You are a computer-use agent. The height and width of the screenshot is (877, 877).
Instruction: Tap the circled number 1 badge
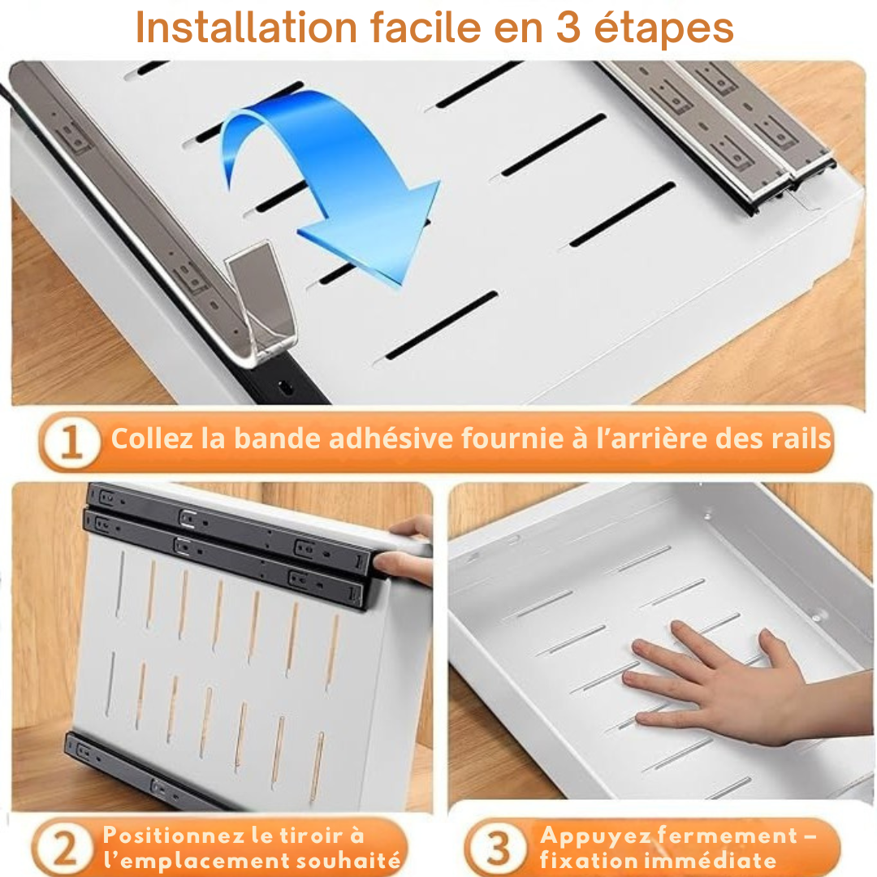pos(71,443)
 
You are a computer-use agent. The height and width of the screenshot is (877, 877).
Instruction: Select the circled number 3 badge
pos(498,849)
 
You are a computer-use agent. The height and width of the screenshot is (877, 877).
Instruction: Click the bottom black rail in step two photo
pos(138,771)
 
